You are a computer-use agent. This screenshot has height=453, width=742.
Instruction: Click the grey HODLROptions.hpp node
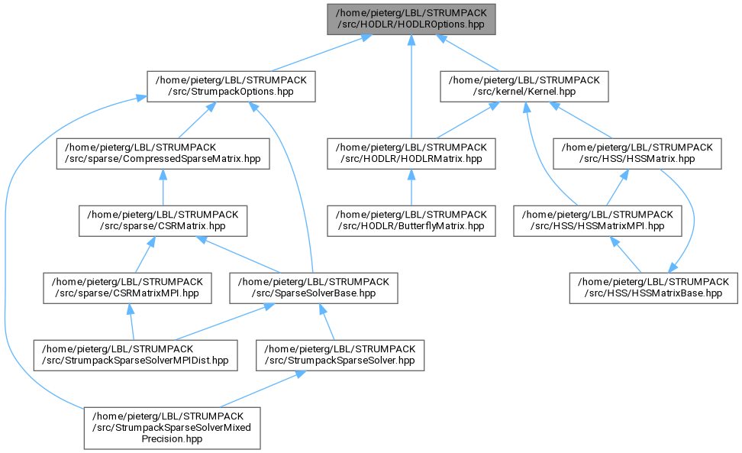[411, 19]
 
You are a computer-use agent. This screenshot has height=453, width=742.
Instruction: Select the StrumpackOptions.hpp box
[231, 86]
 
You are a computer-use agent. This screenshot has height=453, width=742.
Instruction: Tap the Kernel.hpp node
[524, 86]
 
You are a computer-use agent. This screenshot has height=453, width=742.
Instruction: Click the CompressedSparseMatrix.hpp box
[163, 154]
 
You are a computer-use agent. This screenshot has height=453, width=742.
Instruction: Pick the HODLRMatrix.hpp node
[411, 154]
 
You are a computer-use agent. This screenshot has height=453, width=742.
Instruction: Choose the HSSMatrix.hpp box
[637, 154]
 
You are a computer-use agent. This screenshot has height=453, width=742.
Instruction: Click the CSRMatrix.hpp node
[163, 221]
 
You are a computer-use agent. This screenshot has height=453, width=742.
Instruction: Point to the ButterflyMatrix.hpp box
[411, 221]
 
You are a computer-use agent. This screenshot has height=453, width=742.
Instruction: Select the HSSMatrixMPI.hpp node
[598, 221]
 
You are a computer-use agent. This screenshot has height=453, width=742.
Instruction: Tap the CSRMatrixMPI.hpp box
[127, 288]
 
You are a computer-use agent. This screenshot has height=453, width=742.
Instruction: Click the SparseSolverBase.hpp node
[314, 288]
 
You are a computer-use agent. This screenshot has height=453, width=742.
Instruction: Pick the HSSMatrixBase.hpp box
[653, 288]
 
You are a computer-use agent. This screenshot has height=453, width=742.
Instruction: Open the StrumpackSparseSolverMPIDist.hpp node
[135, 355]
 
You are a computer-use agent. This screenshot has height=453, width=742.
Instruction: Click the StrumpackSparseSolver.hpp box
[340, 355]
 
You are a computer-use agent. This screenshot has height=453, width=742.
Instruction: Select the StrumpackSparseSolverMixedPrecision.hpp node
[173, 428]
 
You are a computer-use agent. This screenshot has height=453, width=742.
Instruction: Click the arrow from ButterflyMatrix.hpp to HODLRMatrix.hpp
[411, 187]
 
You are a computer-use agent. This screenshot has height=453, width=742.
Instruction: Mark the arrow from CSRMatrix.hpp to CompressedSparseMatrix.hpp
[163, 187]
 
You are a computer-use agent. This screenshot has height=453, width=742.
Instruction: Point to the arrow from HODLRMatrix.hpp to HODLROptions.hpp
[411, 86]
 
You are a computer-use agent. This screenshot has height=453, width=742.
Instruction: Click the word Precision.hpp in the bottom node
[172, 438]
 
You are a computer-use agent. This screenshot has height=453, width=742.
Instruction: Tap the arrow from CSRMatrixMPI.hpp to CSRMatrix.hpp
[144, 254]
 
